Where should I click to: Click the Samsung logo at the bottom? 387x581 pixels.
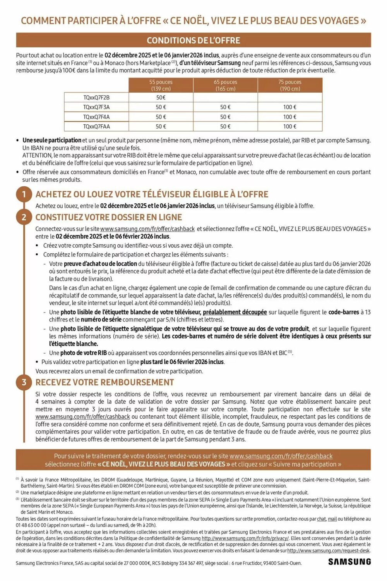tap(349, 562)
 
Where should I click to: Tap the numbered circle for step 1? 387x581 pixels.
tap(24, 194)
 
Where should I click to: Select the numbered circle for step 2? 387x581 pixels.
tap(24, 217)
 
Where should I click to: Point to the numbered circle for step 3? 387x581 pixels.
tap(24, 382)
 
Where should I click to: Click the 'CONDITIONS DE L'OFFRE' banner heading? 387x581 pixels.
tap(193, 40)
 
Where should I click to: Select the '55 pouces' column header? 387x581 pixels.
tap(161, 85)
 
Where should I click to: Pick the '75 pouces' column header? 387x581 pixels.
tap(290, 85)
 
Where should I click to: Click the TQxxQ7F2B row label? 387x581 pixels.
tap(96, 98)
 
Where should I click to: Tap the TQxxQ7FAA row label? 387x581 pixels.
tap(96, 127)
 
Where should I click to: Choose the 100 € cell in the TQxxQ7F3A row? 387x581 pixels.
tap(290, 107)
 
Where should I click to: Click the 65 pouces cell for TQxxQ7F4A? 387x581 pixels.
tap(225, 117)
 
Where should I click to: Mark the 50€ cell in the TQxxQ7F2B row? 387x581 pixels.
tap(161, 98)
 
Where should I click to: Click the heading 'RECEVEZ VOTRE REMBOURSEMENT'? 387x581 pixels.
tap(105, 382)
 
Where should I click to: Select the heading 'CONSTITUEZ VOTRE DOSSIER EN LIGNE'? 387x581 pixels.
tap(109, 217)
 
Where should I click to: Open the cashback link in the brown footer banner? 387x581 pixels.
tap(281, 456)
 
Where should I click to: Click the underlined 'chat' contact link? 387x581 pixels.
tap(321, 519)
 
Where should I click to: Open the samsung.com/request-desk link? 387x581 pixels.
tap(328, 551)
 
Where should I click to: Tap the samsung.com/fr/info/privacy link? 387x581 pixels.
tap(245, 538)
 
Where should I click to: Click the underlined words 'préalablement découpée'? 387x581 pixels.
tap(235, 312)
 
